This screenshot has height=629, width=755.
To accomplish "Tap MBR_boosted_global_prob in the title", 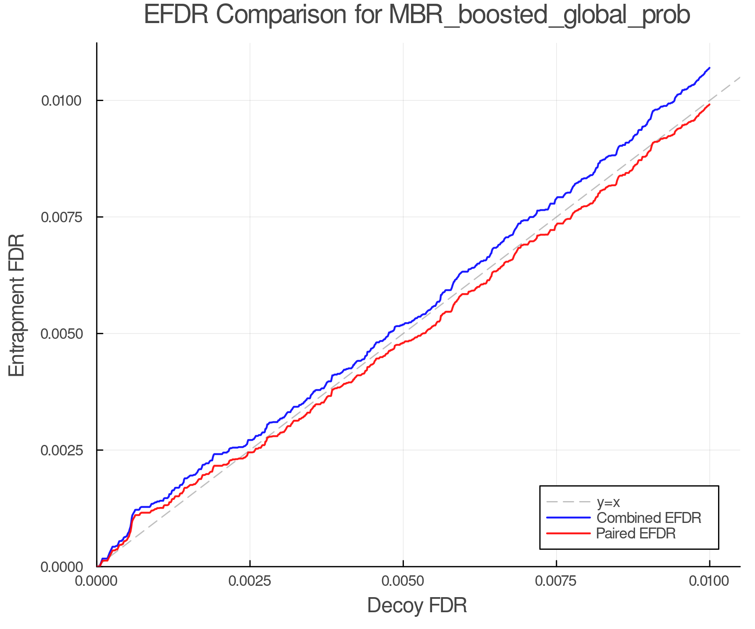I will click(x=539, y=16).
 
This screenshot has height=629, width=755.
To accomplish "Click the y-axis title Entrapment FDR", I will click(x=17, y=305).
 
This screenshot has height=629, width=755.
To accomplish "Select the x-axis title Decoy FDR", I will click(x=417, y=606).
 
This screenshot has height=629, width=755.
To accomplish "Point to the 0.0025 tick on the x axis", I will click(x=250, y=581).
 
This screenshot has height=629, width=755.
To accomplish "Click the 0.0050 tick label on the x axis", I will click(x=403, y=581).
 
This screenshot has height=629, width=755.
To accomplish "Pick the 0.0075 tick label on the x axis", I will click(x=556, y=581).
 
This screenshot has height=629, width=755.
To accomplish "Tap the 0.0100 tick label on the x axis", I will click(x=709, y=581).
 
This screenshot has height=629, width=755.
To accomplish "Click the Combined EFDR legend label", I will click(x=648, y=518).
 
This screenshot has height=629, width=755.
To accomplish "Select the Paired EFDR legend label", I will click(x=636, y=533).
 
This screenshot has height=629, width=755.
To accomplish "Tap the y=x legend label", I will click(x=608, y=502).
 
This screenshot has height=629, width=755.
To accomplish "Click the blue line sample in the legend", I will click(x=568, y=518).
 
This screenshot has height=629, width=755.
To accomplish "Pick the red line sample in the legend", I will click(x=568, y=533).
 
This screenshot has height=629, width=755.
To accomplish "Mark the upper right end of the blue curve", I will click(x=709, y=68).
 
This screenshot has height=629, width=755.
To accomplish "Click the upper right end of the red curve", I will click(x=709, y=104).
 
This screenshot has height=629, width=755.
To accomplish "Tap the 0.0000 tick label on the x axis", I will click(x=96, y=581).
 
